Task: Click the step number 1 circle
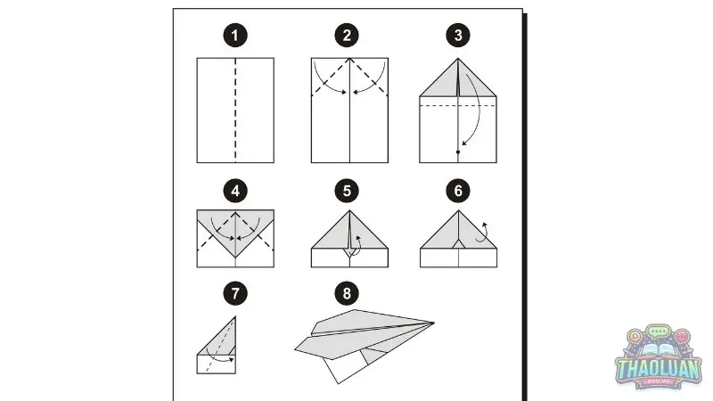[x=235, y=36]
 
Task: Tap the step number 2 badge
[x=347, y=36]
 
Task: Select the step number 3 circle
[x=458, y=36]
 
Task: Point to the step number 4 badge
[x=235, y=191]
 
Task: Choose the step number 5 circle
[x=347, y=191]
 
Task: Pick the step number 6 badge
[x=458, y=191]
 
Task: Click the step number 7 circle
[x=235, y=293]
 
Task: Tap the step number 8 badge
[x=347, y=293]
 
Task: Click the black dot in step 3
[x=458, y=151]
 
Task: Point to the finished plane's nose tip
[x=434, y=323]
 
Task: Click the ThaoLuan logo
[x=659, y=357]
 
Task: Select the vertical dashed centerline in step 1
[x=235, y=110]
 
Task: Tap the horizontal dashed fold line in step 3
[x=458, y=105]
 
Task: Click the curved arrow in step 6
[x=483, y=233]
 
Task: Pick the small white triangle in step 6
[x=458, y=244]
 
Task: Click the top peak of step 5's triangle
[x=349, y=210]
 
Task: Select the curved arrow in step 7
[x=219, y=357]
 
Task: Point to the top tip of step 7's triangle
[x=235, y=317]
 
